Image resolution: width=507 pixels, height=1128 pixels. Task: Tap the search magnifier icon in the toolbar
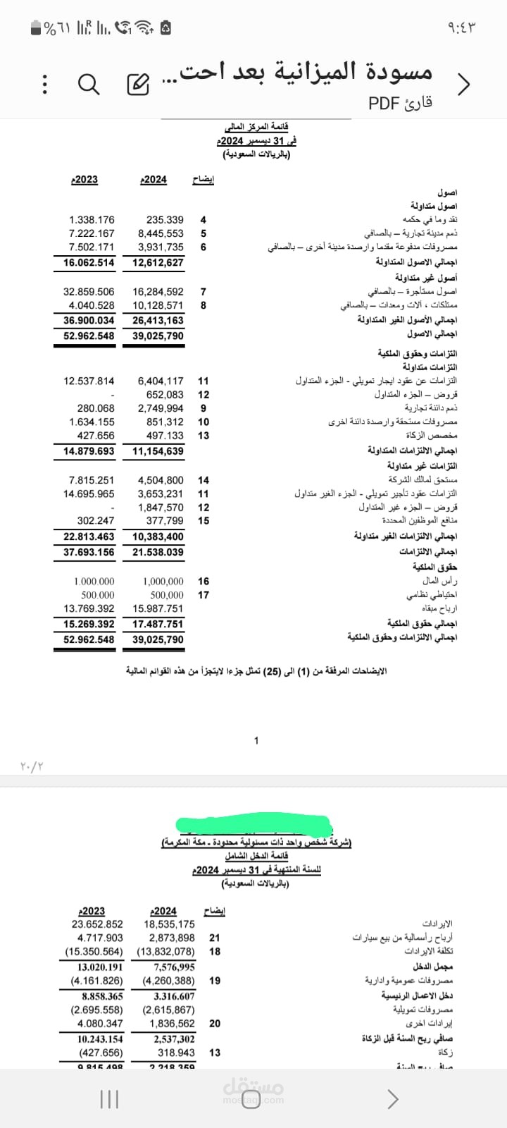pyautogui.click(x=89, y=85)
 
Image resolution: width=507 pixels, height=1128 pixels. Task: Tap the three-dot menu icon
pyautogui.click(x=44, y=85)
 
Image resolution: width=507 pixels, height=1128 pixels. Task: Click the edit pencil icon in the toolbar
pyautogui.click(x=137, y=85)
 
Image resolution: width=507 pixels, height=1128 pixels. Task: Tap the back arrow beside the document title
pyautogui.click(x=463, y=85)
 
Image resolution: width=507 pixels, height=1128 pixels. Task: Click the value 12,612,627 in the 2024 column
pyautogui.click(x=158, y=263)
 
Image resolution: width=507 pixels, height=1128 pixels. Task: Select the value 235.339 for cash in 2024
pyautogui.click(x=165, y=220)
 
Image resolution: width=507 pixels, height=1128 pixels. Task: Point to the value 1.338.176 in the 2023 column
pyautogui.click(x=92, y=220)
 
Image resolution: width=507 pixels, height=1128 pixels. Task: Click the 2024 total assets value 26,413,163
pyautogui.click(x=158, y=321)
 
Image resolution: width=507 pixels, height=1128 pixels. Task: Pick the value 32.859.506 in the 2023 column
pyautogui.click(x=89, y=292)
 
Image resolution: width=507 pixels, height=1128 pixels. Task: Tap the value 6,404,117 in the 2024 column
pyautogui.click(x=161, y=381)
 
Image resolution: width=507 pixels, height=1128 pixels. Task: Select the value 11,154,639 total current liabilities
pyautogui.click(x=158, y=451)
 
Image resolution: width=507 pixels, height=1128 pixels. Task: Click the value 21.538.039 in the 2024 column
pyautogui.click(x=158, y=553)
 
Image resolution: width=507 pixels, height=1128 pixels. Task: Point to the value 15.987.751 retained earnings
pyautogui.click(x=158, y=609)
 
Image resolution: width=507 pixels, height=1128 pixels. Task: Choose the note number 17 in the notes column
pyautogui.click(x=204, y=595)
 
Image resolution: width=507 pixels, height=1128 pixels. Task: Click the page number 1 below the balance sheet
pyautogui.click(x=256, y=740)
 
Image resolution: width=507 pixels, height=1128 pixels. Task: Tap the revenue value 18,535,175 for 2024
pyautogui.click(x=169, y=924)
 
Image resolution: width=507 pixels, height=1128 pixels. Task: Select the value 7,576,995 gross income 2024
pyautogui.click(x=174, y=967)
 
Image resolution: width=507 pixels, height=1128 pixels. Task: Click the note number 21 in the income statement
pyautogui.click(x=215, y=938)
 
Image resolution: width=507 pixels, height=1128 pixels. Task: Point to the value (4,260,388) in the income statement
pyautogui.click(x=168, y=981)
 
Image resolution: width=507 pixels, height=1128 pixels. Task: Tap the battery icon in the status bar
pyautogui.click(x=36, y=28)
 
